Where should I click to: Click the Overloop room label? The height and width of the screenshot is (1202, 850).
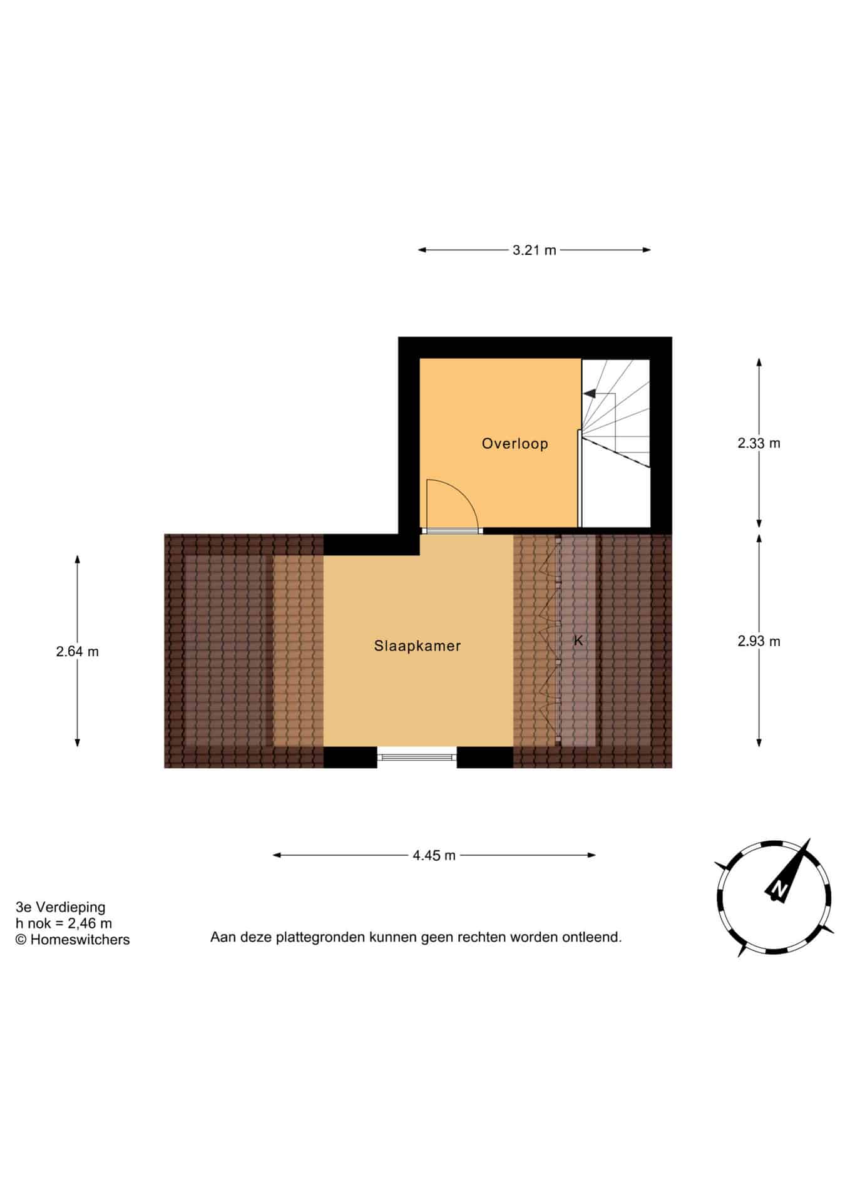tap(515, 443)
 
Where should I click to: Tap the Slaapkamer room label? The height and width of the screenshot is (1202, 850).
tap(417, 645)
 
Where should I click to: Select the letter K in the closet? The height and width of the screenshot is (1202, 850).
tap(578, 640)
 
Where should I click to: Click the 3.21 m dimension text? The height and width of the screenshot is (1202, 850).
tap(534, 250)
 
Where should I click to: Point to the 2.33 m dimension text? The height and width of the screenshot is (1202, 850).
tap(759, 443)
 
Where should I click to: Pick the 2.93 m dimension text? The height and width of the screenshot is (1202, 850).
tap(759, 641)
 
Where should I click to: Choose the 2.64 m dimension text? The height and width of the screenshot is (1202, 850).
tap(77, 651)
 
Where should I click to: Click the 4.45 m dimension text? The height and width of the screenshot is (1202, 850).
tap(434, 855)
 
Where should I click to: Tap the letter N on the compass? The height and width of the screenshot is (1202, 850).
tap(779, 888)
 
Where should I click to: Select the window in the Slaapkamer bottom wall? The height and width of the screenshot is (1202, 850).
tap(417, 757)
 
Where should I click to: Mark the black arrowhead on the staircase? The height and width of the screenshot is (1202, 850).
tap(589, 393)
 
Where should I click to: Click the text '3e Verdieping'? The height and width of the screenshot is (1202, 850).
tap(61, 907)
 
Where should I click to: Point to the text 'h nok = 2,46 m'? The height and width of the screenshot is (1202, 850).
tap(64, 923)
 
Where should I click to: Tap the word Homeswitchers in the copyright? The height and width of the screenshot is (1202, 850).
tap(80, 939)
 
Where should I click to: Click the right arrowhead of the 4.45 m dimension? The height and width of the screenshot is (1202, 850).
tap(591, 855)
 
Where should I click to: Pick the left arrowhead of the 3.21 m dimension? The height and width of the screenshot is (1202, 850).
tap(422, 250)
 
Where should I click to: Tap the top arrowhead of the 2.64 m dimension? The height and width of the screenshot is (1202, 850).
tap(77, 560)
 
